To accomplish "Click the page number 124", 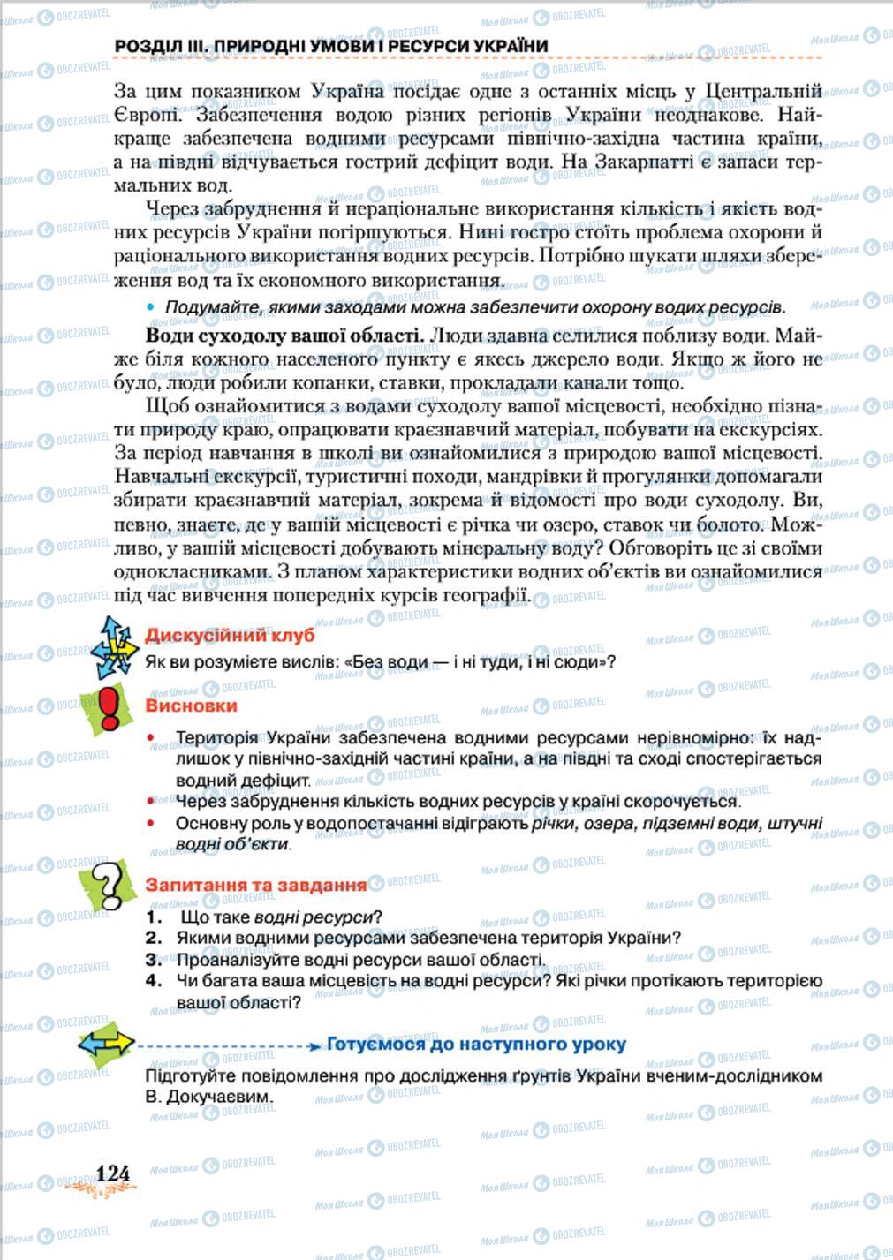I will tap(112, 1173).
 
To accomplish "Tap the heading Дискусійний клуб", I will tap(229, 636).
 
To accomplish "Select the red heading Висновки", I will tap(191, 706).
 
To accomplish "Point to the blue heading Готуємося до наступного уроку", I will tap(476, 1045).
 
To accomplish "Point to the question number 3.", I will tap(154, 960).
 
